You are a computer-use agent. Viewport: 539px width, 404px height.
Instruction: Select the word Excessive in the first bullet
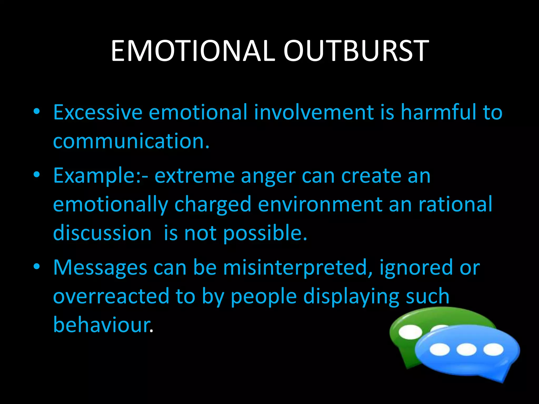tap(98, 113)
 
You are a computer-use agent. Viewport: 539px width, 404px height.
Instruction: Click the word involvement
tap(314, 113)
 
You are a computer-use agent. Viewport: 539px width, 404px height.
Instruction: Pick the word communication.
tap(131, 142)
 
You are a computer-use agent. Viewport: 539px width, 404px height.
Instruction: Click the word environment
tap(320, 205)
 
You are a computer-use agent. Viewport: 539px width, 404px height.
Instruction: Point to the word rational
tap(455, 204)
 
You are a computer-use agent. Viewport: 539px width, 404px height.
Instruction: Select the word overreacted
tap(111, 297)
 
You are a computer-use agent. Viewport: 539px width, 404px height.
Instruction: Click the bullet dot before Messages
tap(37, 267)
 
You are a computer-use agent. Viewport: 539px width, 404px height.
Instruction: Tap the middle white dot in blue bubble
tap(466, 350)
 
